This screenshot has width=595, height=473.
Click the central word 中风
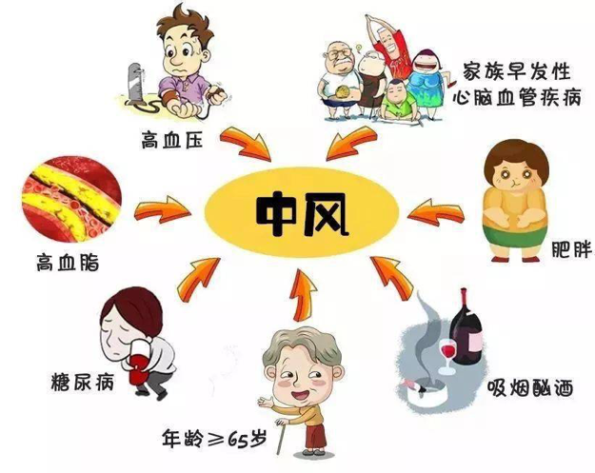tap(303, 214)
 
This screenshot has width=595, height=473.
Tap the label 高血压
tap(172, 139)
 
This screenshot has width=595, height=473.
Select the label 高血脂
tap(68, 263)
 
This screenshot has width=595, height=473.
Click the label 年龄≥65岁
tap(214, 439)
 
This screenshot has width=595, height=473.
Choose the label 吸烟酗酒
tap(530, 387)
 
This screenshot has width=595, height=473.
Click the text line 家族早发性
tap(517, 71)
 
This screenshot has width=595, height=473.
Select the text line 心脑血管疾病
tap(517, 97)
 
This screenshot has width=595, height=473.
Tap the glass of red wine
tap(447, 356)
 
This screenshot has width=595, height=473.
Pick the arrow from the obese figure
tap(435, 212)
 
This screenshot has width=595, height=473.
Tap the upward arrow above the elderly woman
tap(303, 295)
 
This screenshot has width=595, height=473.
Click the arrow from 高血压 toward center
tap(246, 145)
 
